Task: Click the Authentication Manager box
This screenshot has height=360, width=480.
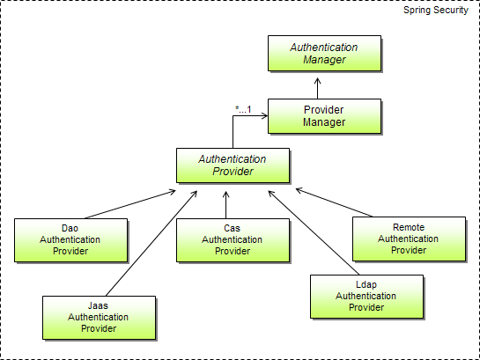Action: click(324, 53)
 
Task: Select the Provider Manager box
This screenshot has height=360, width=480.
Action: click(324, 116)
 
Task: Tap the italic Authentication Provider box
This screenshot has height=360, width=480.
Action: click(233, 165)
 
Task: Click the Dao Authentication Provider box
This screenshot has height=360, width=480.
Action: click(70, 240)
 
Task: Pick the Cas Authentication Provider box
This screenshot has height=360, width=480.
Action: click(233, 240)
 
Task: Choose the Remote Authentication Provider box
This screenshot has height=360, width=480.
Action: click(409, 239)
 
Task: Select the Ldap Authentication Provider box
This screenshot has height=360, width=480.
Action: click(366, 297)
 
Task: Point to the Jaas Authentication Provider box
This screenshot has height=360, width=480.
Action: click(99, 318)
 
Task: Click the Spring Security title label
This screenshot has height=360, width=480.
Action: click(436, 10)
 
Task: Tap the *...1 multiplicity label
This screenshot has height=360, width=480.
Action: click(243, 109)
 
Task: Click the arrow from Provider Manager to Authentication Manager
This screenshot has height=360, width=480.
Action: click(317, 88)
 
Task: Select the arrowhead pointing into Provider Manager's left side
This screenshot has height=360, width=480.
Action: click(264, 115)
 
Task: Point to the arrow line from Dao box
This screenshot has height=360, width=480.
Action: click(130, 204)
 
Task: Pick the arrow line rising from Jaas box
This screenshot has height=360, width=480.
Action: click(151, 244)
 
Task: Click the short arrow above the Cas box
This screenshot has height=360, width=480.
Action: click(226, 205)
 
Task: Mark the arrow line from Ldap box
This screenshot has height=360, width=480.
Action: click(314, 232)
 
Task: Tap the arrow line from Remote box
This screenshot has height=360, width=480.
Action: click(335, 202)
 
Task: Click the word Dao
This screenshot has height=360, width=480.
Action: click(70, 228)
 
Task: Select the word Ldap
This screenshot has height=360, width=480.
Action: click(366, 285)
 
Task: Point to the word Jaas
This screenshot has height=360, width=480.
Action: click(99, 305)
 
